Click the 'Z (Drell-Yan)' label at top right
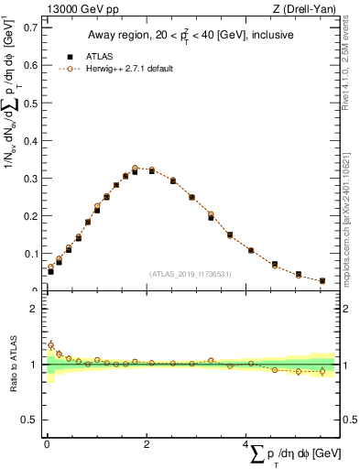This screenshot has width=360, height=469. [305, 9]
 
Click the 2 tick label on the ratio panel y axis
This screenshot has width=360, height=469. [33, 309]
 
